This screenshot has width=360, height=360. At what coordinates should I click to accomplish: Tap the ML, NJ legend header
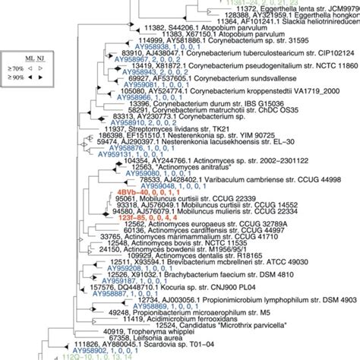point(33,55)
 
